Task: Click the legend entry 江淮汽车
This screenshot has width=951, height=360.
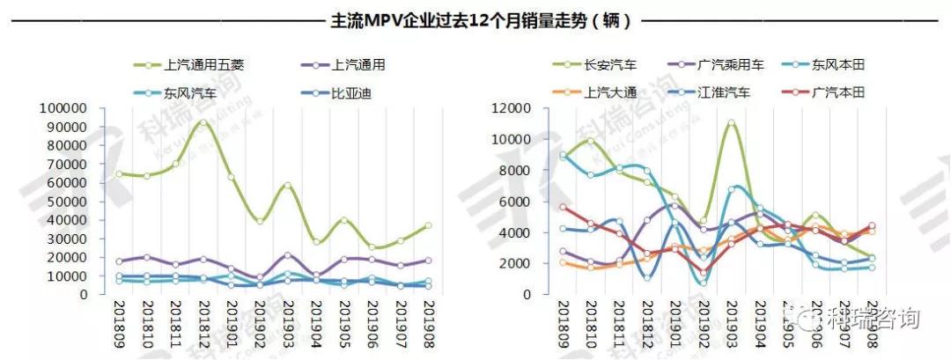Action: click(722, 92)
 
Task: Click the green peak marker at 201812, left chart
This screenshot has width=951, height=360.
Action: click(203, 123)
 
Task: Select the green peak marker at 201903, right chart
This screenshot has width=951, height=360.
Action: click(731, 124)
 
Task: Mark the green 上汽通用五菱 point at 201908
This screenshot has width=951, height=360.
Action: click(427, 225)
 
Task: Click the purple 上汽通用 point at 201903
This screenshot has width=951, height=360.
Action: click(287, 255)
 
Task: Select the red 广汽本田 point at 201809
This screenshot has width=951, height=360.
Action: click(563, 207)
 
